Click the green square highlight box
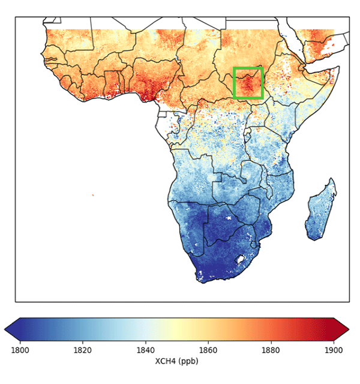point(248,83)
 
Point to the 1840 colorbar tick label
point(145,350)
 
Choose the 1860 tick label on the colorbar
point(208,350)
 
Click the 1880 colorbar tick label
point(271,350)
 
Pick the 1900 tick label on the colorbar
point(334,350)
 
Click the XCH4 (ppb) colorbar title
point(176,361)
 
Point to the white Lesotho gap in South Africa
point(241,259)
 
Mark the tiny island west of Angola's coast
point(93,194)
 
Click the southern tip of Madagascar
point(313,238)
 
